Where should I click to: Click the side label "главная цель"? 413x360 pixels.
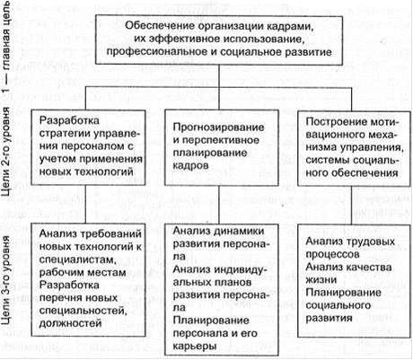pyautogui.click(x=6, y=35)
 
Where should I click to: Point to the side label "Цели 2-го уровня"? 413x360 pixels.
pyautogui.click(x=6, y=152)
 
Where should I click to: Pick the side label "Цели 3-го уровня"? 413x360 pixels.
pyautogui.click(x=6, y=280)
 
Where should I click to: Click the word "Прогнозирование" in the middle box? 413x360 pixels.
pyautogui.click(x=219, y=127)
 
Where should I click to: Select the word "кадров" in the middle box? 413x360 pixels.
pyautogui.click(x=190, y=166)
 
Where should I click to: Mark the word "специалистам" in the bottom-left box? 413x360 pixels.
pyautogui.click(x=77, y=259)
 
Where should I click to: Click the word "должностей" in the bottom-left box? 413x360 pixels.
pyautogui.click(x=71, y=323)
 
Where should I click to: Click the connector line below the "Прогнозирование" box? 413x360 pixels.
pyautogui.click(x=219, y=205)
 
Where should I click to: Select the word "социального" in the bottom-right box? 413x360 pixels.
pyautogui.click(x=338, y=305)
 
